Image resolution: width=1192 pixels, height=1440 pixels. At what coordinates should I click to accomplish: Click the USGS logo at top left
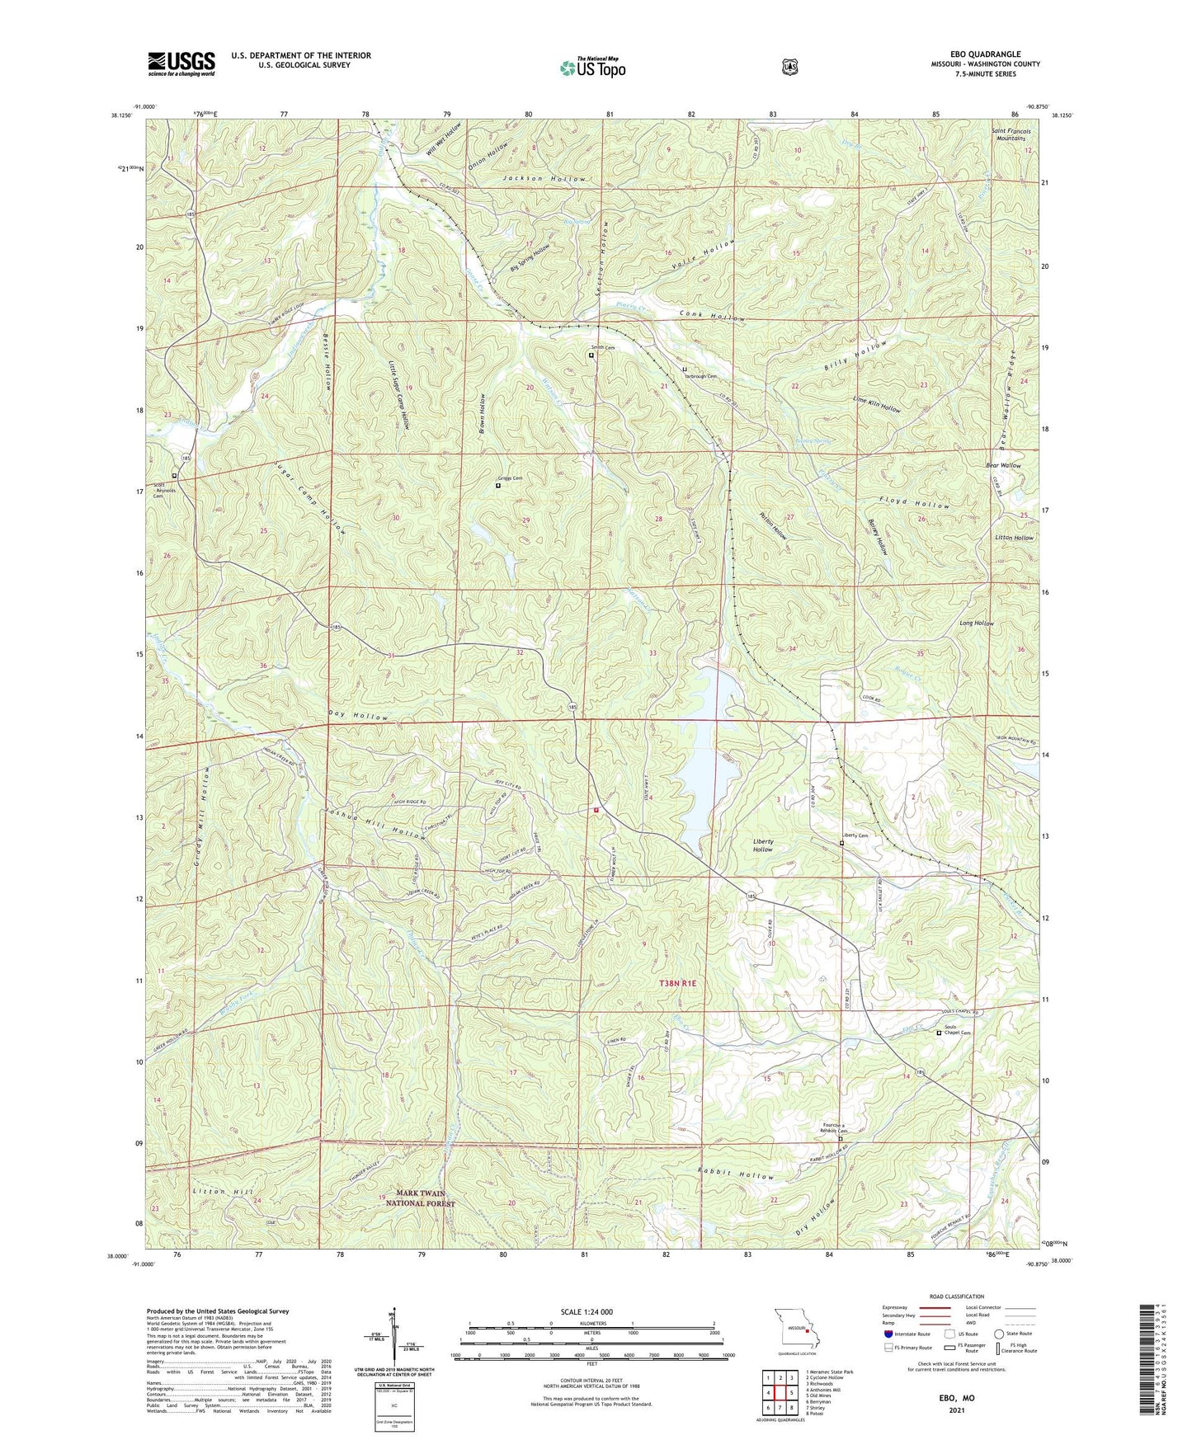(x=181, y=64)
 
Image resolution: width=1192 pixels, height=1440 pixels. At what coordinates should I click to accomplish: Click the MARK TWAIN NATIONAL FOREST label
(x=421, y=1198)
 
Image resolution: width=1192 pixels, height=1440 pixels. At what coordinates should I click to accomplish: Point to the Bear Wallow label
(x=1003, y=465)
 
